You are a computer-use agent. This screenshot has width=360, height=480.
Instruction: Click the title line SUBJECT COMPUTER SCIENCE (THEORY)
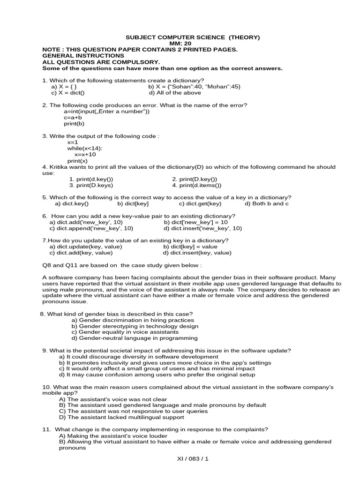192,37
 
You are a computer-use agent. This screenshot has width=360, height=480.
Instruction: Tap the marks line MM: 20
192,43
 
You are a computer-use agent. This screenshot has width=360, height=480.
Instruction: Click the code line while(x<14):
85,148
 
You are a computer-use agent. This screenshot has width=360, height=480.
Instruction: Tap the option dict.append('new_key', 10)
91,228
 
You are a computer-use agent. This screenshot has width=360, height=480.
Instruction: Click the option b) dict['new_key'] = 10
196,222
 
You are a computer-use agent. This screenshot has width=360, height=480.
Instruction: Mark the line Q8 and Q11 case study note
122,265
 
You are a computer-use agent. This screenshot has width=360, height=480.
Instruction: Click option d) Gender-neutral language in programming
135,338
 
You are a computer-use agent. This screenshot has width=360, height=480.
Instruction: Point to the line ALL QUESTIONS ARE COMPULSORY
101,62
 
